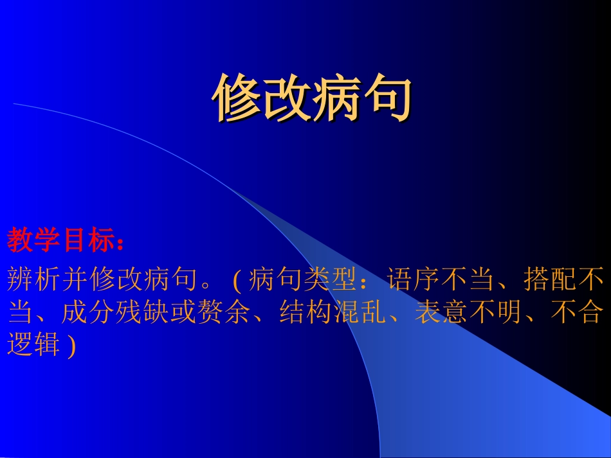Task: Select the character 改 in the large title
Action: [x=286, y=98]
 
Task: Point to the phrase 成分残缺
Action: [x=116, y=313]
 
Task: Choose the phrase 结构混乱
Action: [x=333, y=313]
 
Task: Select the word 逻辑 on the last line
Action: [x=33, y=346]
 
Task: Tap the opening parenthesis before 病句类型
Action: [x=235, y=280]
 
